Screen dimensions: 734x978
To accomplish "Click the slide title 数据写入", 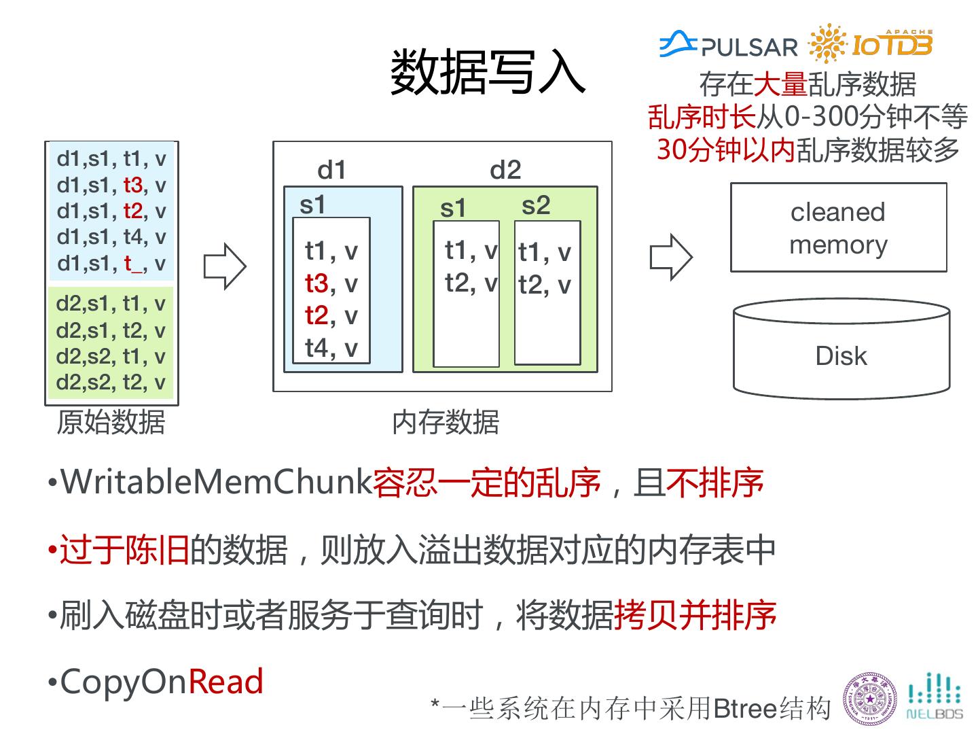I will tap(487, 71).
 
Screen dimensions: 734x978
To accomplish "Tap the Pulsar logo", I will tap(729, 46).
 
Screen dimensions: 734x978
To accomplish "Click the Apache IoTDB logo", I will tap(871, 44).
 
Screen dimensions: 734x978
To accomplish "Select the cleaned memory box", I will tap(838, 228).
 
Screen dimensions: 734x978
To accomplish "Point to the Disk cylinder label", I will tap(841, 356).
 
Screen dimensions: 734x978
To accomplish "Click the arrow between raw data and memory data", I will tap(225, 266).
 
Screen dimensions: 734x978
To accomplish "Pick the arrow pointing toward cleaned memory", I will tap(671, 257).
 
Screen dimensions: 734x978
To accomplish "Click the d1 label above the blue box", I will tap(331, 170).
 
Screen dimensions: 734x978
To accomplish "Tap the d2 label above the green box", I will tap(505, 170).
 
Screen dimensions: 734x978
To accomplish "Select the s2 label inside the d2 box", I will tap(536, 205).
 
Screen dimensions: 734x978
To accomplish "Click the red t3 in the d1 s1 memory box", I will tap(317, 283).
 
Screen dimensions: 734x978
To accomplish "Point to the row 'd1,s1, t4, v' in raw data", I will tap(111, 237).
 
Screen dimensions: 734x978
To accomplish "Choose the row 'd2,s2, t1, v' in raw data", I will tap(111, 356).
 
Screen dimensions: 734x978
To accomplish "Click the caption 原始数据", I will tap(111, 422).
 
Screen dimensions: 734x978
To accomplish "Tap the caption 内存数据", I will tap(446, 422).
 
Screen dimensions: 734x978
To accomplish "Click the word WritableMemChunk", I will tap(216, 483).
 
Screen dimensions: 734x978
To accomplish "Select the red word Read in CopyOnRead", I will tap(225, 682).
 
